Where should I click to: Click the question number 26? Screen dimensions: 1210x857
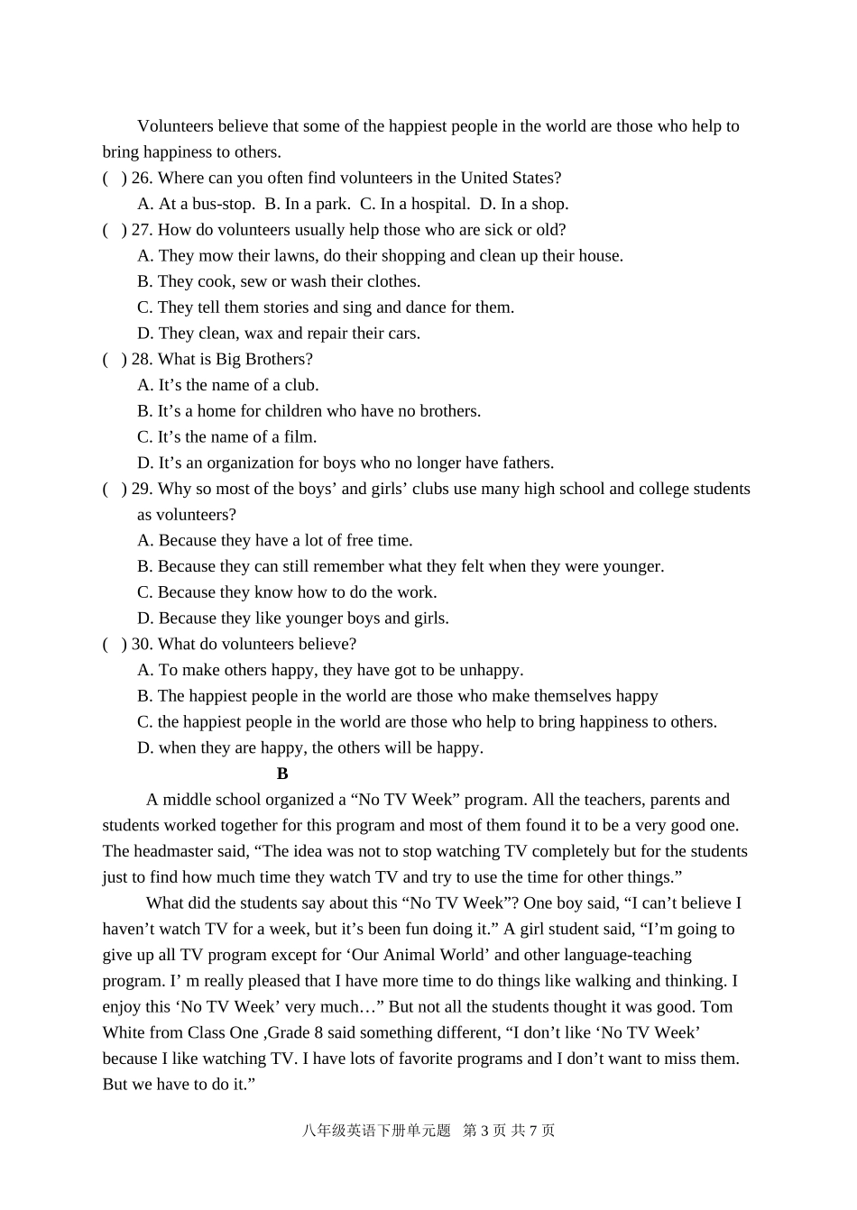[141, 178]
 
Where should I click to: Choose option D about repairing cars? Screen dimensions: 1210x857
[279, 334]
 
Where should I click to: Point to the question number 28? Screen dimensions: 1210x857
[141, 359]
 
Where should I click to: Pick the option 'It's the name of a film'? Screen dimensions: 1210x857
[227, 437]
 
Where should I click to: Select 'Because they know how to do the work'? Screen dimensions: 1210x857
[287, 592]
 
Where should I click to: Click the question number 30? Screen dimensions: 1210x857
[141, 644]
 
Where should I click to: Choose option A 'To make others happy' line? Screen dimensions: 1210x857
[330, 670]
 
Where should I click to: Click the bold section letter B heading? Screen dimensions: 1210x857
[282, 774]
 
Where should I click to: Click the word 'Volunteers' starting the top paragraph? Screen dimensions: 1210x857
[176, 126]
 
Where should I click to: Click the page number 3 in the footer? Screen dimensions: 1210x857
[485, 1131]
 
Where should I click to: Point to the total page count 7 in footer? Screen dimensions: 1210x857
[534, 1131]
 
